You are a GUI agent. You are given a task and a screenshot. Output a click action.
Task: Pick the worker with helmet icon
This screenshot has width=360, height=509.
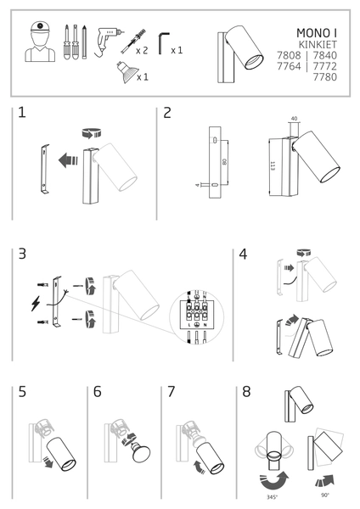(38, 42)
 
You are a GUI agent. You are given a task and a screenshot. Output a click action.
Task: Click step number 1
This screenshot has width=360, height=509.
(21, 114)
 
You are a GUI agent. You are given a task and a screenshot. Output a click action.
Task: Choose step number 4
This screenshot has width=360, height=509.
(243, 254)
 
